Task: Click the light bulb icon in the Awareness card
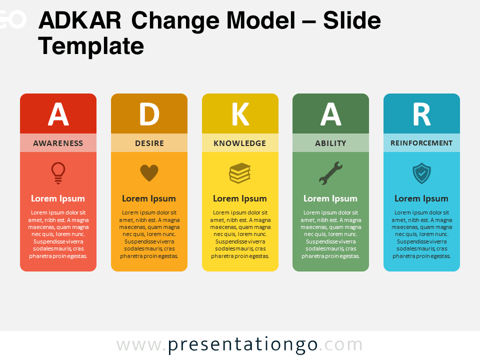click(x=58, y=172)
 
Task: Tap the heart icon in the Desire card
click(x=149, y=173)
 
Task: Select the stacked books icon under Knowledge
click(x=240, y=173)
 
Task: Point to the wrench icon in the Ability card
click(x=330, y=173)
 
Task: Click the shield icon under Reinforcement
click(x=421, y=173)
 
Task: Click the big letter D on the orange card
click(x=149, y=114)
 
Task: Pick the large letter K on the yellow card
click(x=240, y=114)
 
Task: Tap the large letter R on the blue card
click(x=422, y=114)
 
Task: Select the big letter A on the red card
click(x=58, y=114)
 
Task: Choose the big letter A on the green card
click(x=330, y=114)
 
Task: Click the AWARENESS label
click(x=58, y=143)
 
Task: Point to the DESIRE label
click(x=149, y=143)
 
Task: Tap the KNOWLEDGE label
click(x=239, y=143)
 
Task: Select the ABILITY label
click(x=330, y=143)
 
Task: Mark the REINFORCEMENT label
click(x=421, y=143)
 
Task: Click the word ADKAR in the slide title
click(x=80, y=20)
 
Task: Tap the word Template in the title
click(x=91, y=46)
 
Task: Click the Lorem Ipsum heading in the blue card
click(x=421, y=198)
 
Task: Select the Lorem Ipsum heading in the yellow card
click(x=239, y=198)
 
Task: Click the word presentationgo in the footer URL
click(x=243, y=345)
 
